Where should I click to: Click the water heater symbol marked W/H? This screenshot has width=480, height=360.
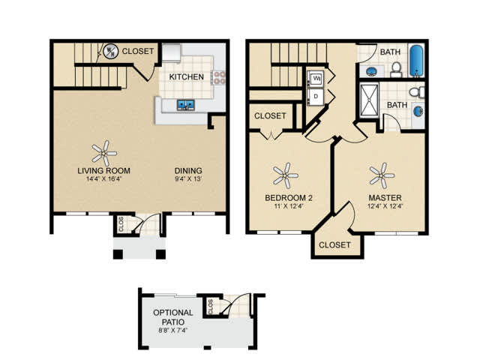click(x=110, y=51)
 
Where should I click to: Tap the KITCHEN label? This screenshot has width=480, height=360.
click(x=187, y=76)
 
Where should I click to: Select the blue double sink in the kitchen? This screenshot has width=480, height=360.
click(x=185, y=105)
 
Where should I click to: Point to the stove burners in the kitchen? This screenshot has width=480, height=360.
click(x=220, y=77)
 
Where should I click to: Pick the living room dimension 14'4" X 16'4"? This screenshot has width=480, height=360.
click(x=104, y=179)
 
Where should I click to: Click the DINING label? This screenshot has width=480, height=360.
click(x=188, y=170)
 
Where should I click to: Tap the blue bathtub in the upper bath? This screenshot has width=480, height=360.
click(x=416, y=61)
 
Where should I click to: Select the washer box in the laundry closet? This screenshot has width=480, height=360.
click(x=316, y=79)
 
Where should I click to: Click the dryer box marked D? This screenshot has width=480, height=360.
click(x=316, y=96)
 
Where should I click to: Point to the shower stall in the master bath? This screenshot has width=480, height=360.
click(x=369, y=100)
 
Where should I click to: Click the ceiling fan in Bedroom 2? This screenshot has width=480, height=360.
click(x=285, y=175)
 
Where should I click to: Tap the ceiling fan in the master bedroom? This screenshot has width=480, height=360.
click(x=382, y=175)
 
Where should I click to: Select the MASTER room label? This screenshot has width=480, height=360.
click(x=385, y=198)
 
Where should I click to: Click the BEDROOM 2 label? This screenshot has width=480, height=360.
click(x=289, y=198)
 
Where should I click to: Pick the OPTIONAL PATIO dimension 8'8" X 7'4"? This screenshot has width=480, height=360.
click(x=173, y=330)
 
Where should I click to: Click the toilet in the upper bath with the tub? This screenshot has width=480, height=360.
click(x=396, y=70)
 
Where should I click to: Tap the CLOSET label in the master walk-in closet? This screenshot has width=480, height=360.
click(x=334, y=245)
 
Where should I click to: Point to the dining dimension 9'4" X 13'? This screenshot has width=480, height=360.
click(x=188, y=179)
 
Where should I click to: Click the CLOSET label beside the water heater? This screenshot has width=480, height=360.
click(x=138, y=51)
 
